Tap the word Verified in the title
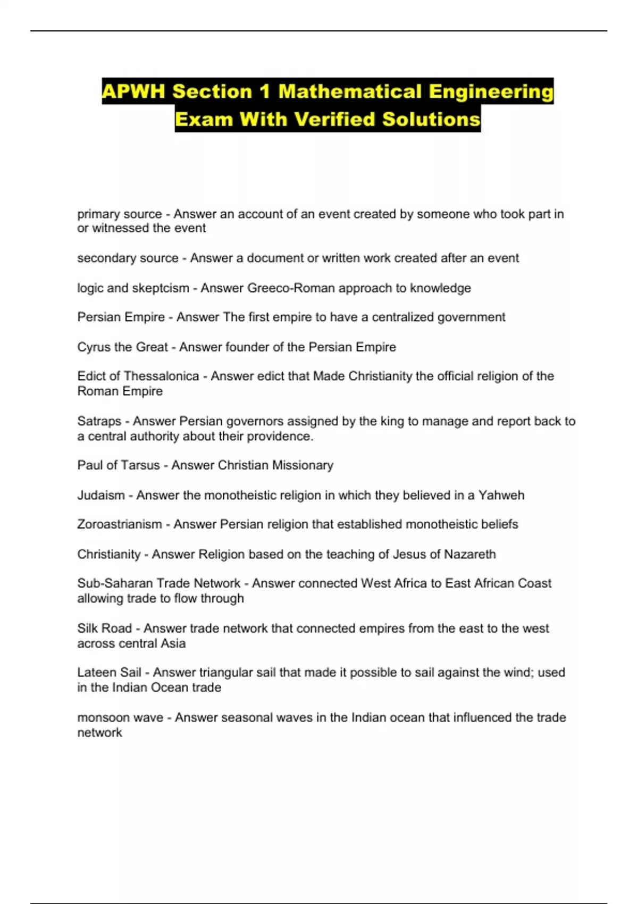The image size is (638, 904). [x=335, y=119]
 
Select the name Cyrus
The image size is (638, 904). [x=93, y=347]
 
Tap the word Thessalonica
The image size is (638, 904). [x=161, y=376]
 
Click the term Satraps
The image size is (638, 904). [x=99, y=421]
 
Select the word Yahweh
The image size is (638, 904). [x=501, y=496]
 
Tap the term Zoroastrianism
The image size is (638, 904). [x=120, y=524]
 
